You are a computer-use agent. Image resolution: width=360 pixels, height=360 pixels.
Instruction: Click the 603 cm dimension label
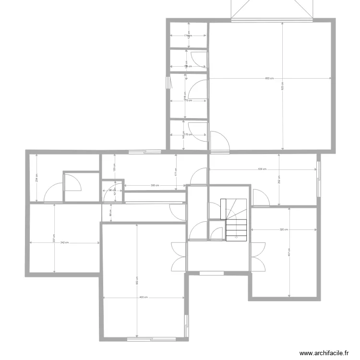coord(269,79)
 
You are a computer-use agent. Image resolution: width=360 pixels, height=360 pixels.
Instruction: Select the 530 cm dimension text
coord(262,169)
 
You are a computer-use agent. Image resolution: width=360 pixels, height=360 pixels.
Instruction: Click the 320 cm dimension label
coord(284,229)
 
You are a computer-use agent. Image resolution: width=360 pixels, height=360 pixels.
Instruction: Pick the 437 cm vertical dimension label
coord(289,252)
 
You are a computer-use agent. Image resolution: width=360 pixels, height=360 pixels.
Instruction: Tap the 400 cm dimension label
coord(144,298)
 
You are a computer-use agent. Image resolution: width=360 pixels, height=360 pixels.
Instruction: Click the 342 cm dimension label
coord(64,243)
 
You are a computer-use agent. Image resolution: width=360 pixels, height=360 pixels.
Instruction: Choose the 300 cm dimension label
coord(154,185)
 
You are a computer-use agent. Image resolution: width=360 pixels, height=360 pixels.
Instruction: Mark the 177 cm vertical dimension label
coord(176,170)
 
